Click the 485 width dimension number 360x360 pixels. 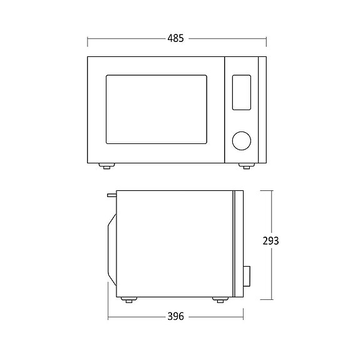click(176, 39)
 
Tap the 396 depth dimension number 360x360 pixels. click(176, 317)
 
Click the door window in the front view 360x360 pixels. click(156, 109)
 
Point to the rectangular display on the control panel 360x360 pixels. click(241, 92)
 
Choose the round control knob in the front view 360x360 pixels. click(241, 141)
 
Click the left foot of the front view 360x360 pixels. click(106, 166)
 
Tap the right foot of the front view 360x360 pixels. click(247, 166)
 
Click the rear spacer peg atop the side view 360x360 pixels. click(111, 195)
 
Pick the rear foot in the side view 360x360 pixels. click(130, 300)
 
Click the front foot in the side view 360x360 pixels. click(219, 300)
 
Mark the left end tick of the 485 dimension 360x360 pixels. click(87, 39)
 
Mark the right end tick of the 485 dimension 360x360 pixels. click(266, 39)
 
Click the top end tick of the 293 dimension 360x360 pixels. click(271, 190)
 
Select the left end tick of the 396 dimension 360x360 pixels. click(108, 317)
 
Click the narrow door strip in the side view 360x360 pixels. click(237, 244)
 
